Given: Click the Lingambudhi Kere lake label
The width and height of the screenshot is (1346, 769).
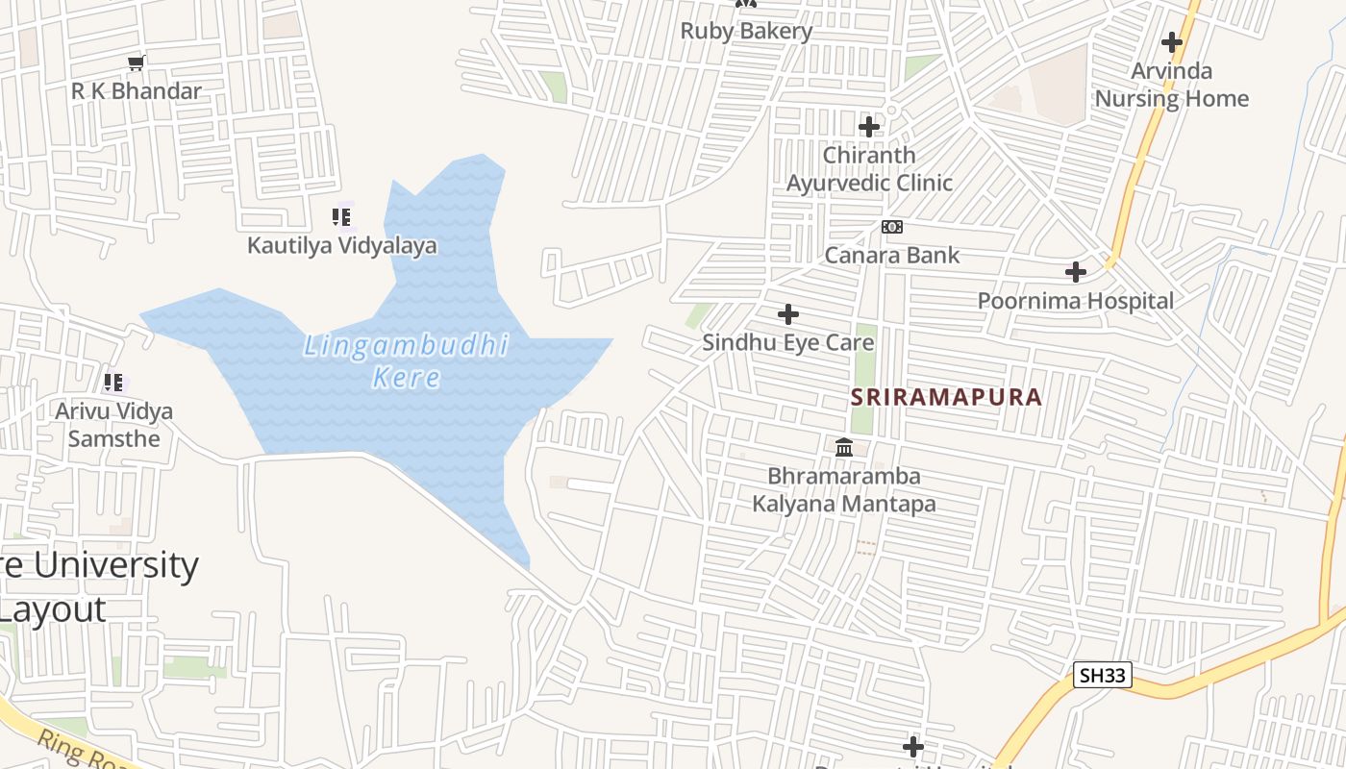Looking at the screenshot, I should pos(406,360).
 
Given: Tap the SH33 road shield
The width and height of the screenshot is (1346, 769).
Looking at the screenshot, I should pos(1102,675).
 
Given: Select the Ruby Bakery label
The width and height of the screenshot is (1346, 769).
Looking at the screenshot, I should pos(746,31).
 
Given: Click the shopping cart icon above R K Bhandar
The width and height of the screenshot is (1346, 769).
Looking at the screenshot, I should pos(136,63).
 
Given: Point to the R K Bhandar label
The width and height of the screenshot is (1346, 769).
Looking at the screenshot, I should pos(137,91).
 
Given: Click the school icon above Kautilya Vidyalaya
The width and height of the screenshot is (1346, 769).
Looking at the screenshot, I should pos(341,217).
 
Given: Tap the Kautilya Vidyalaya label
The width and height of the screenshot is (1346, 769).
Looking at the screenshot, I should pos(341,245).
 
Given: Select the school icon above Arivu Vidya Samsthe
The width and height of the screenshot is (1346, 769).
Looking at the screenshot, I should pos(113,383).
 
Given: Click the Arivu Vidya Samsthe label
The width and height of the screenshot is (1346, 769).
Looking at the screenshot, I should pos(113,425).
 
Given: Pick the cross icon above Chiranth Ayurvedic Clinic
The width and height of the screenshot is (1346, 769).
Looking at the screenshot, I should pos(869,126).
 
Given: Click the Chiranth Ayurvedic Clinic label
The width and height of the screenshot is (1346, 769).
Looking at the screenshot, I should pos(869,168).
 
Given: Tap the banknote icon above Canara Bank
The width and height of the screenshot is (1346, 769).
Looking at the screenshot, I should pos(892,227).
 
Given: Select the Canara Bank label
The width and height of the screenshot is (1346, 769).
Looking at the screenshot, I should pos(892,255).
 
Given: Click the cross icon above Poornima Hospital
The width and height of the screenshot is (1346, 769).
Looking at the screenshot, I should pos(1076,272).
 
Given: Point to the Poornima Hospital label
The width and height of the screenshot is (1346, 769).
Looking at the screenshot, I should pos(1076,301).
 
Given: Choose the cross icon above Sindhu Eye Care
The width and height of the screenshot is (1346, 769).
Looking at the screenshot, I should pos(788,314).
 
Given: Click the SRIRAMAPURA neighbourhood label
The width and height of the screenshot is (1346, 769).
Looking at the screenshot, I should pos(946,397).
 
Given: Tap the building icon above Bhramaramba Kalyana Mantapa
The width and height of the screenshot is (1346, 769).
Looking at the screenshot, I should pos(844,447).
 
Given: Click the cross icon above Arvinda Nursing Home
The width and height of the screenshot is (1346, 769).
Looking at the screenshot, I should pos(1171,42).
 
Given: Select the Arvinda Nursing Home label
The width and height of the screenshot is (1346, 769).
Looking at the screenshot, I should pos(1171,85).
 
